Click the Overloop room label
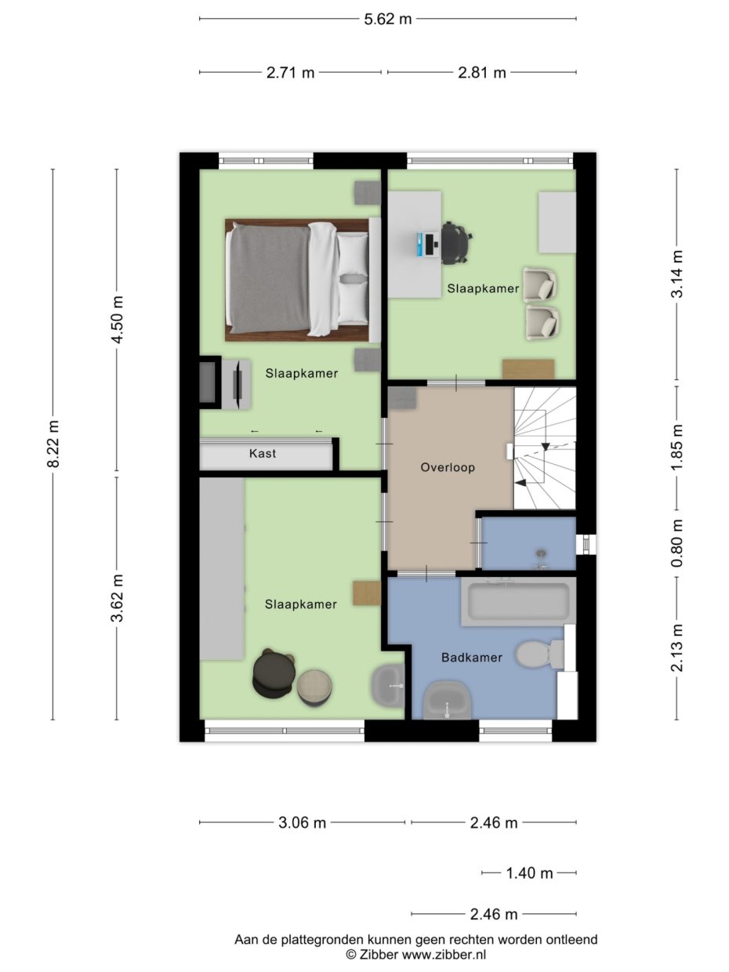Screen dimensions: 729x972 448,467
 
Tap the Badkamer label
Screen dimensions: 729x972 472,657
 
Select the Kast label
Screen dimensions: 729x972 263,453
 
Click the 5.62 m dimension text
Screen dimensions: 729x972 388,20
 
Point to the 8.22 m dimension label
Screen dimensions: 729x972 53,444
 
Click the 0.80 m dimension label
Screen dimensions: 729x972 677,543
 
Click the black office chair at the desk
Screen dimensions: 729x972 457,243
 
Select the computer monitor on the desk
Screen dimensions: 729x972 430,243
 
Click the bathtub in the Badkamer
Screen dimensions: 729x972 519,601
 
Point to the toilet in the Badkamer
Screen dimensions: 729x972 540,656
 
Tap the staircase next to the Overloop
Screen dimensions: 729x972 545,448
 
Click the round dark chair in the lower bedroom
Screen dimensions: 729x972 273,673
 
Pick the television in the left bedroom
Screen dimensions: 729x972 238,383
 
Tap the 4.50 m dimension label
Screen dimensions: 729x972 118,319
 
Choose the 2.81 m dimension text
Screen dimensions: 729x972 481,73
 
